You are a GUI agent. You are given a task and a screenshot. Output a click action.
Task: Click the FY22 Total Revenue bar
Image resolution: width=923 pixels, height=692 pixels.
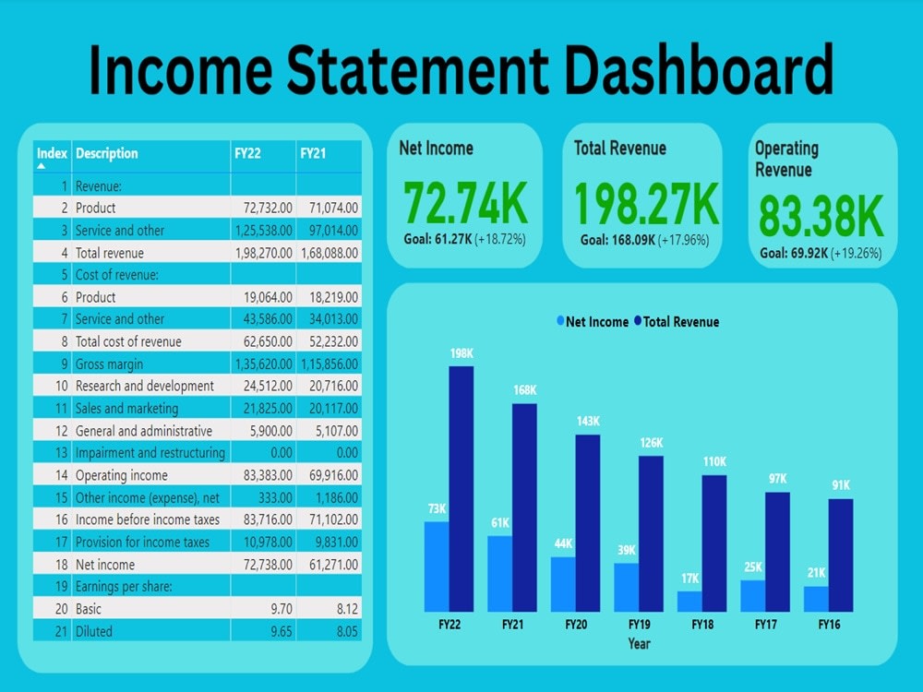(461, 488)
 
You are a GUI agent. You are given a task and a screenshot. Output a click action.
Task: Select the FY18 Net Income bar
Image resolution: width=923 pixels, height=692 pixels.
(689, 601)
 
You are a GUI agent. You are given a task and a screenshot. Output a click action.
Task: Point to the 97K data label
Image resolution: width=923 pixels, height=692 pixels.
(778, 479)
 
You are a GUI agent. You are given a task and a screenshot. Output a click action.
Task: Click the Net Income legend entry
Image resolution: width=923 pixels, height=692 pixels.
(592, 322)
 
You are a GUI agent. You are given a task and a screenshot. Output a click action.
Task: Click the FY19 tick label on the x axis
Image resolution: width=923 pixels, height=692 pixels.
(640, 625)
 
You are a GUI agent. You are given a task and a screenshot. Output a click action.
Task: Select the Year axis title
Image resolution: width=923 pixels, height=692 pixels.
(639, 643)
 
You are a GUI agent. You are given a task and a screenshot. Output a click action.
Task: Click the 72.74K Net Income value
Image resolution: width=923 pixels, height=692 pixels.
(466, 204)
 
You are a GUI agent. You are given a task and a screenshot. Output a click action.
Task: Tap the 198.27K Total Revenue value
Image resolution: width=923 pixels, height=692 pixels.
(646, 204)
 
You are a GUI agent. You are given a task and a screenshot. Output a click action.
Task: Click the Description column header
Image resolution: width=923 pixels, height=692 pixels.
(106, 153)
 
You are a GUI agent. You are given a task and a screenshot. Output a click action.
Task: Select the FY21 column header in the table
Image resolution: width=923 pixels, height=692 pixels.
(313, 153)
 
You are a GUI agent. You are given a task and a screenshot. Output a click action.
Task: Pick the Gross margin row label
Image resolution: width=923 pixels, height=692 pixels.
(109, 364)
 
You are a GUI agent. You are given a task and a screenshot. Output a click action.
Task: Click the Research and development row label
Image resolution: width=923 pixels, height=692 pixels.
(144, 387)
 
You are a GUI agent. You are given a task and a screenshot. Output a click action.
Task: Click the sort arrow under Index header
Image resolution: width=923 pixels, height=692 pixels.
(42, 167)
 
